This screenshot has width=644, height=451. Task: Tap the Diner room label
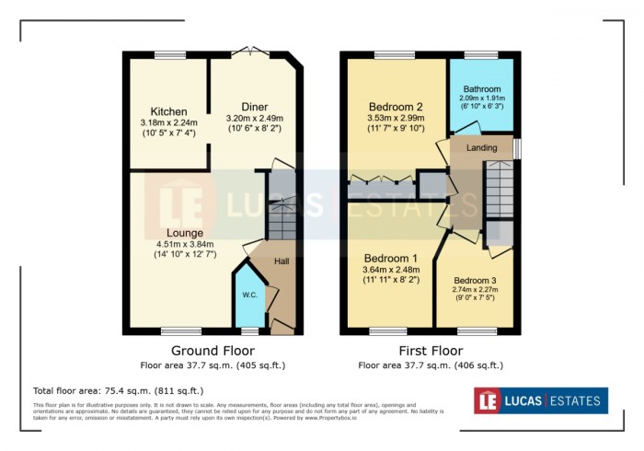(255, 107)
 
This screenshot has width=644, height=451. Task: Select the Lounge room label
(184, 233)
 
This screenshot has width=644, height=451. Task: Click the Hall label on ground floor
(282, 262)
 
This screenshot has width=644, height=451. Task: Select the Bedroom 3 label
(474, 280)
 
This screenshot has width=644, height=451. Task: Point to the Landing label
(481, 147)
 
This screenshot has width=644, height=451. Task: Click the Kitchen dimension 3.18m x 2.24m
(169, 123)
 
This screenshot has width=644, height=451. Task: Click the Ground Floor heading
(213, 351)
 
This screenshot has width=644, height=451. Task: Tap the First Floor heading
(431, 351)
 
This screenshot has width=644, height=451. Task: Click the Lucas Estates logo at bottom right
(540, 400)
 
